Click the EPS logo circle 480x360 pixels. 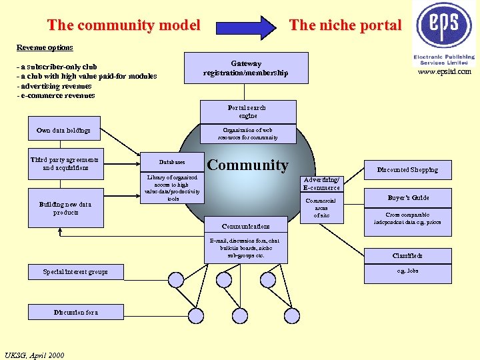tap(444, 25)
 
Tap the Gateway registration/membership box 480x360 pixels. tap(245, 68)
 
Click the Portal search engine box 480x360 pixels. tap(247, 111)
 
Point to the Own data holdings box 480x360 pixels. tap(64, 131)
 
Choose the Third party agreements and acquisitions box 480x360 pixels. tap(65, 164)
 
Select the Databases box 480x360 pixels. tap(172, 162)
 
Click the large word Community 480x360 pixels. tap(248, 165)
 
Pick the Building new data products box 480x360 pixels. tap(65, 208)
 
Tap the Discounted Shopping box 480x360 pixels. tap(407, 170)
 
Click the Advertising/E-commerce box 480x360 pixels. tap(322, 184)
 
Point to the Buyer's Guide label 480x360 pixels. tap(408, 198)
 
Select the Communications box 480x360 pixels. tap(246, 227)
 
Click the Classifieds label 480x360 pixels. tap(407, 256)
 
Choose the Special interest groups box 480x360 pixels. tap(75, 272)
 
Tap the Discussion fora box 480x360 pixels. tap(75, 312)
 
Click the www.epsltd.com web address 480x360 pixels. tap(445, 72)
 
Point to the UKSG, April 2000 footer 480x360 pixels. tap(34, 355)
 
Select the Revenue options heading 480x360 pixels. tap(45, 48)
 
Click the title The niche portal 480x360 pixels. tap(345, 26)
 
